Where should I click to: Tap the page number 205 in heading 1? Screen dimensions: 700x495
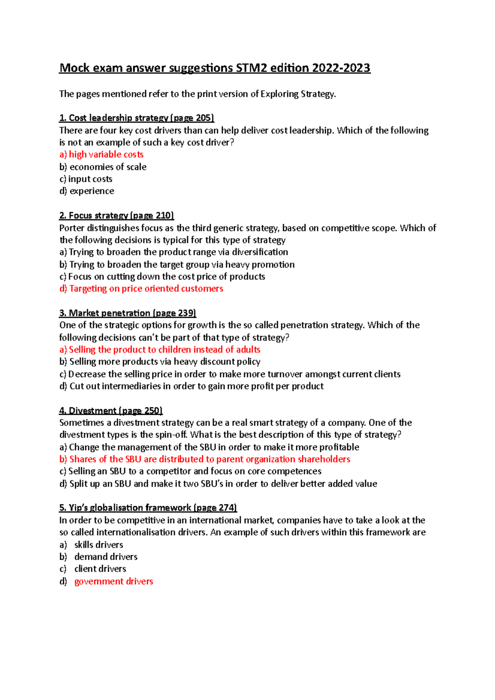(x=204, y=118)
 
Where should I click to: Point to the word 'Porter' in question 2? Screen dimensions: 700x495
(x=72, y=228)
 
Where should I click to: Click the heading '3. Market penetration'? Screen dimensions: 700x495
(x=105, y=313)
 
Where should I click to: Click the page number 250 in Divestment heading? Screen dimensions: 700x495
(x=152, y=411)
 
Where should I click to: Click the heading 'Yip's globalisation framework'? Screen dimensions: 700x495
(x=125, y=508)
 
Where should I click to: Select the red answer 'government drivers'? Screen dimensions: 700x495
(x=113, y=581)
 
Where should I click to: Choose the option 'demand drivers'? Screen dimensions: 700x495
(x=106, y=557)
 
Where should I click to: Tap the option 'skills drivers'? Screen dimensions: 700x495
(x=99, y=545)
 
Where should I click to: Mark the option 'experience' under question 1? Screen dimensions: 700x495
(x=92, y=191)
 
